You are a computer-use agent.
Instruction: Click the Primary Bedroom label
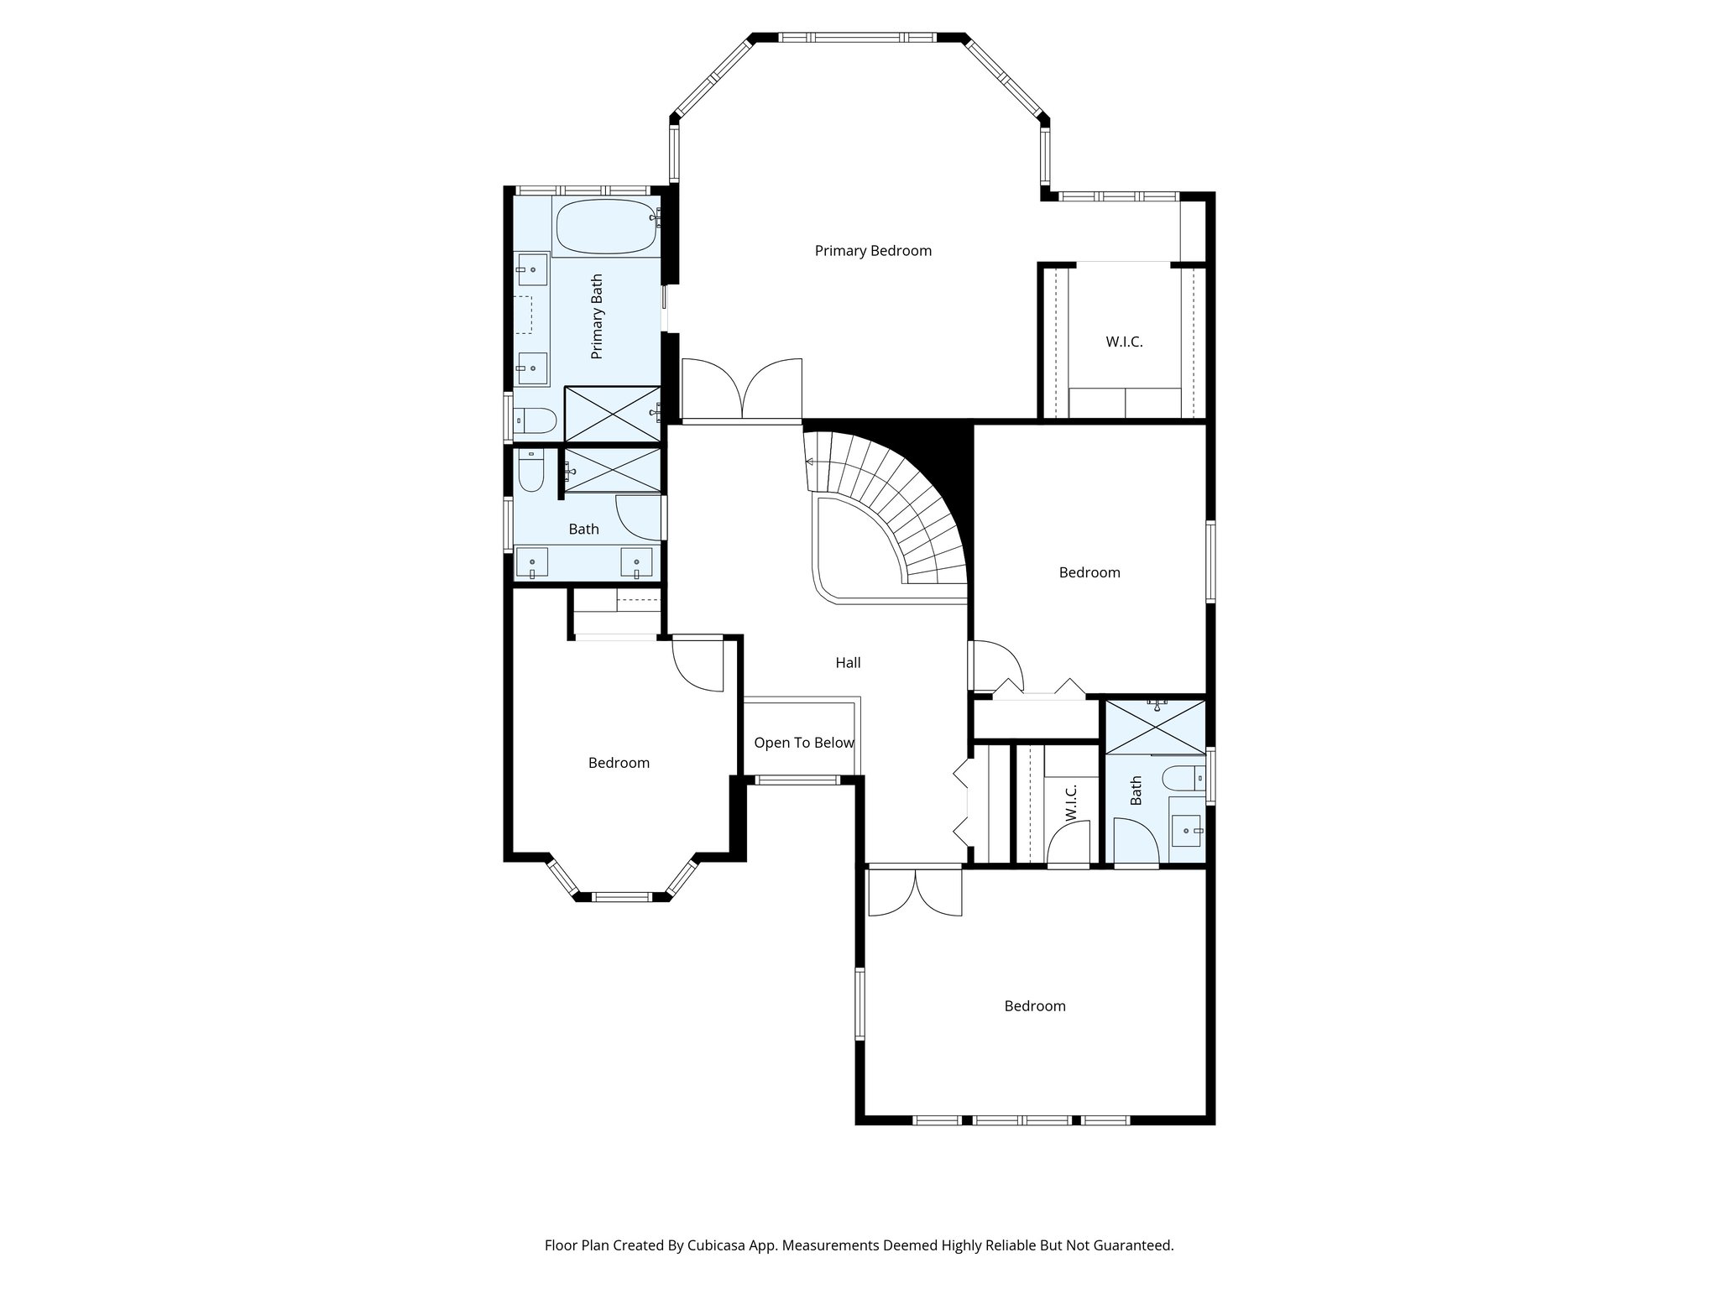tap(873, 250)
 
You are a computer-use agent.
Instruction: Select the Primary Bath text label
tap(597, 316)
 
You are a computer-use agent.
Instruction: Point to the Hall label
tap(848, 662)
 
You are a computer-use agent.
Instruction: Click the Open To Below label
tap(803, 743)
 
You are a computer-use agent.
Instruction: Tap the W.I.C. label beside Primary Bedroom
tap(1124, 342)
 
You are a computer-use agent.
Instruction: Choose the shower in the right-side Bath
tap(1155, 727)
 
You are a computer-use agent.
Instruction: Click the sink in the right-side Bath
tap(1186, 831)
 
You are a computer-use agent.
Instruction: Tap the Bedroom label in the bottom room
tap(1035, 1005)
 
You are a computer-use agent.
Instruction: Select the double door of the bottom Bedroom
tap(915, 893)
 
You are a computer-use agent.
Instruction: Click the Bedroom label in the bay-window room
tap(619, 763)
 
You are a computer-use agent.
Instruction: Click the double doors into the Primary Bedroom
tap(742, 389)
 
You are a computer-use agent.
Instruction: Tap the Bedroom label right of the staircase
tap(1089, 572)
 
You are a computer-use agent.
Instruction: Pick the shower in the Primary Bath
tap(612, 413)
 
